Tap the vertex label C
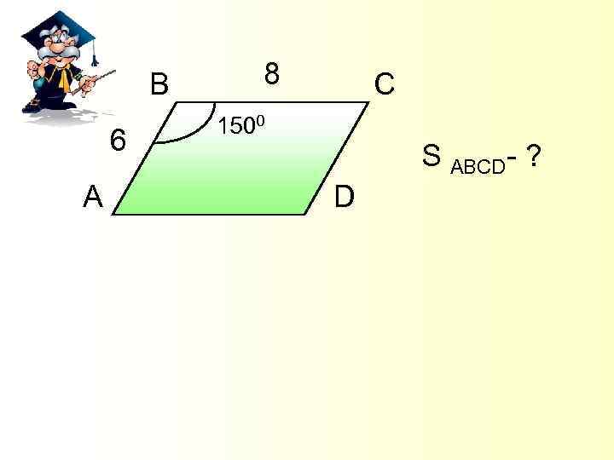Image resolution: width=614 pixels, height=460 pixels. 384,84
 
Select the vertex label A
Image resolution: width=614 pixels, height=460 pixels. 93,198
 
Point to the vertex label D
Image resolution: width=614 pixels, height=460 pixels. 344,198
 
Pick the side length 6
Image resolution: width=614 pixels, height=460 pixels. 119,140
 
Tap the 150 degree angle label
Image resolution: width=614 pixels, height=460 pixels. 243,128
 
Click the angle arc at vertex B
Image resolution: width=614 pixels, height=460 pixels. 196,133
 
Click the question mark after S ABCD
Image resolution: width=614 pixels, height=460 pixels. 534,156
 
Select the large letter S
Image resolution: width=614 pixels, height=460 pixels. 432,157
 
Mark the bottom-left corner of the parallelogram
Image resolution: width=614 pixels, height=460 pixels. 113,214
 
